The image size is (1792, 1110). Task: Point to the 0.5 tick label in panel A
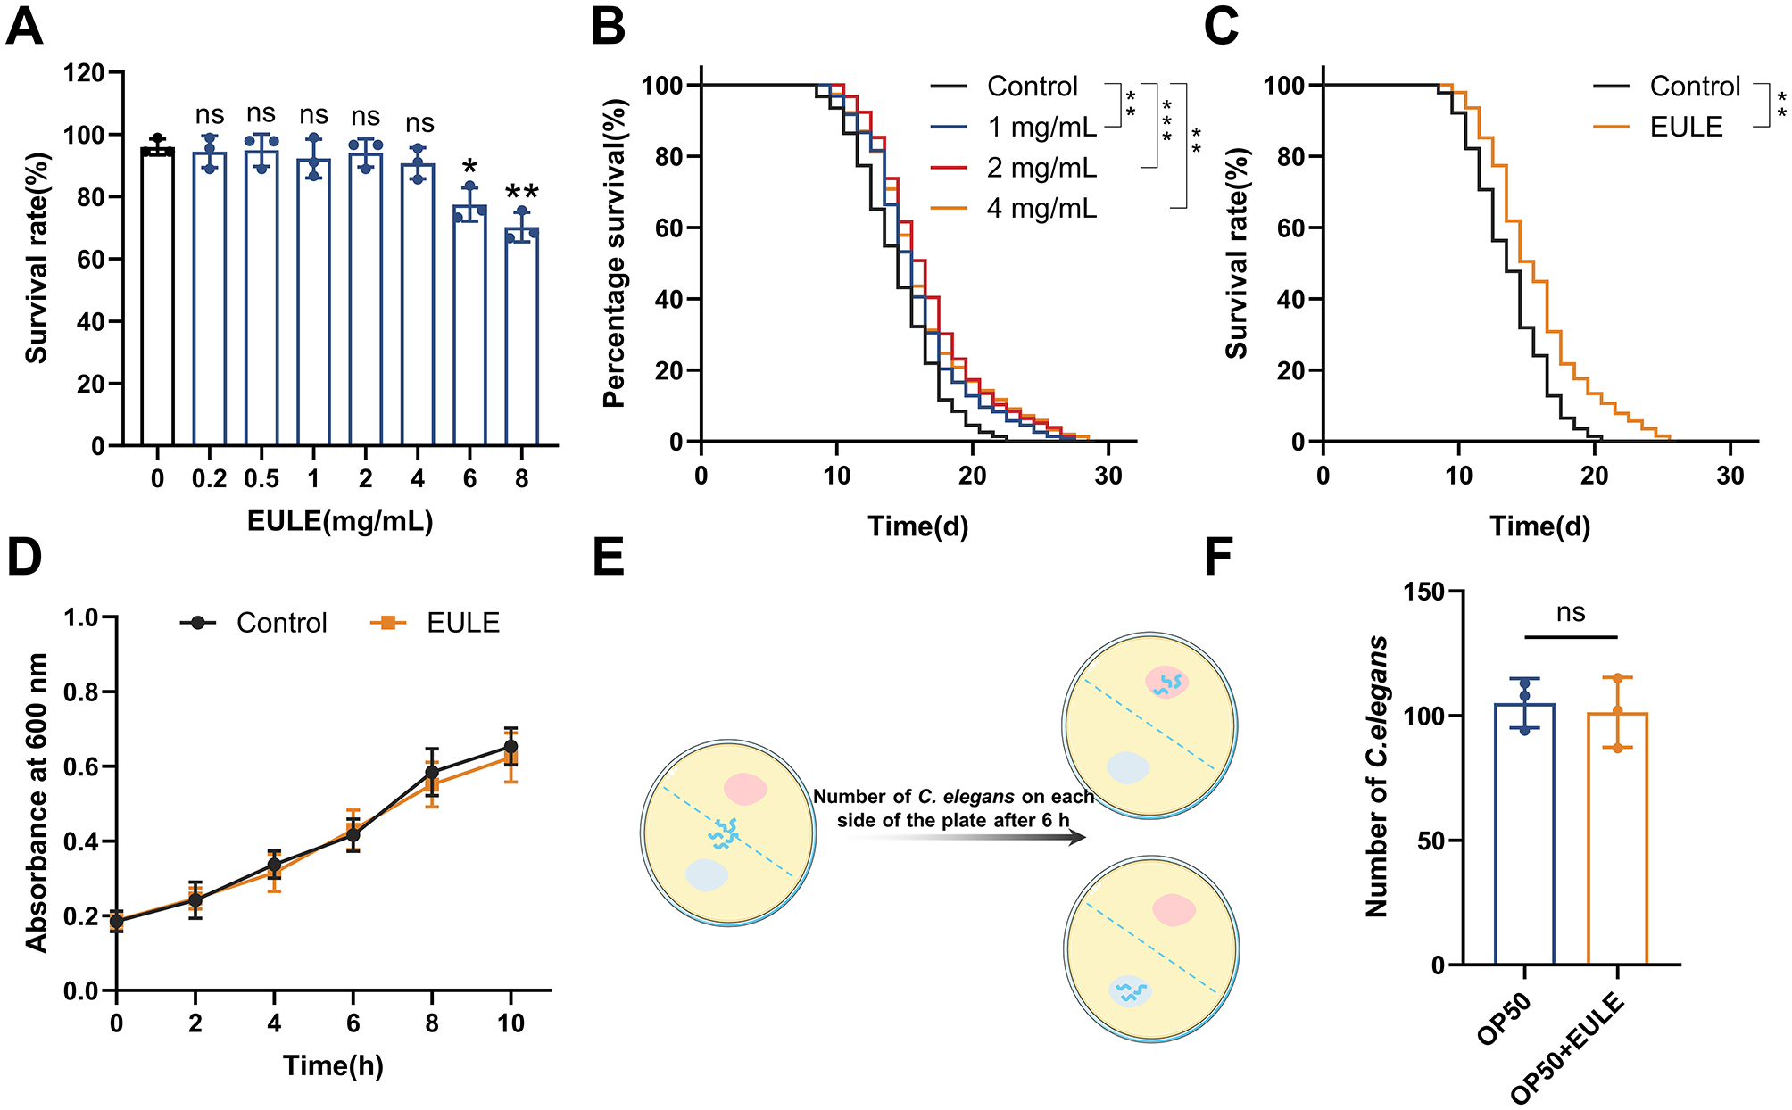tap(261, 479)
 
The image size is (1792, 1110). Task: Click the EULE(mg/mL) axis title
tap(340, 521)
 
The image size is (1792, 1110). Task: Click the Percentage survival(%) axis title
tap(614, 253)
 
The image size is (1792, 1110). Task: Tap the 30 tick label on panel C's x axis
tap(1730, 476)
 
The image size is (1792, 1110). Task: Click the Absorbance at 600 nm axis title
tap(37, 802)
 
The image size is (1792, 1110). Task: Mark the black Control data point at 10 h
tap(510, 746)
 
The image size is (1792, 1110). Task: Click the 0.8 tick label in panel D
tap(81, 692)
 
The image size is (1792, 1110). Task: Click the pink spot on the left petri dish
tap(745, 789)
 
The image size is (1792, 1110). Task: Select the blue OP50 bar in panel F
tap(1524, 834)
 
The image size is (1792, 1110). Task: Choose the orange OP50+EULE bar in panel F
tap(1617, 839)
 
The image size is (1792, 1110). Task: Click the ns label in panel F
tap(1571, 613)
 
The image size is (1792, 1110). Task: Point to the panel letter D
tap(24, 558)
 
